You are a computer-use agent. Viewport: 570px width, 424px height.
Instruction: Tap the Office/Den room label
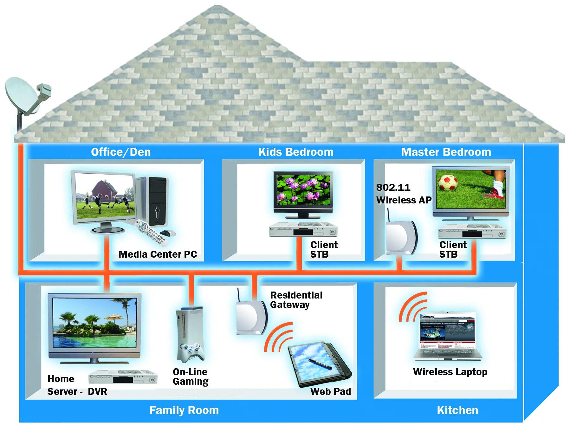pyautogui.click(x=121, y=152)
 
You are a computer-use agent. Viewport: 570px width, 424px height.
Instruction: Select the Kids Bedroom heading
pyautogui.click(x=296, y=152)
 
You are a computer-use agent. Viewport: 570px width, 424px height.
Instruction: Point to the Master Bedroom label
pyautogui.click(x=446, y=152)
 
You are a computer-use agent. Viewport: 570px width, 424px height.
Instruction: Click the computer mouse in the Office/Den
pyautogui.click(x=168, y=233)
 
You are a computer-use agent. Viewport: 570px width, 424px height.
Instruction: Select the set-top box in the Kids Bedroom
pyautogui.click(x=303, y=229)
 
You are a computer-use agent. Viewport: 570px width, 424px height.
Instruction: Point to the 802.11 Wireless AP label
pyautogui.click(x=403, y=194)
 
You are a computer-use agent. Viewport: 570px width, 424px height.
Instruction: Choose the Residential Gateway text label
pyautogui.click(x=296, y=300)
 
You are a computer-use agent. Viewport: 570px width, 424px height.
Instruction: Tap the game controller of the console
pyautogui.click(x=191, y=352)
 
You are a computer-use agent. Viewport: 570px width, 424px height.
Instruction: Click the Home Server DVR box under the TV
pyautogui.click(x=123, y=377)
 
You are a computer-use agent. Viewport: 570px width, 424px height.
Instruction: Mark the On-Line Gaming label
pyautogui.click(x=191, y=376)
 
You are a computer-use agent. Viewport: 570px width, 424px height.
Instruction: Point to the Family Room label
pyautogui.click(x=184, y=410)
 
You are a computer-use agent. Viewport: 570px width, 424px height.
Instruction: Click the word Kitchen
pyautogui.click(x=457, y=410)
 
